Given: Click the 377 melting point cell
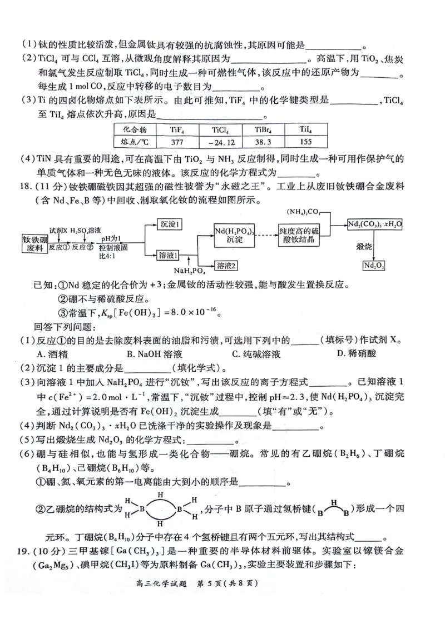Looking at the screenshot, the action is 178,141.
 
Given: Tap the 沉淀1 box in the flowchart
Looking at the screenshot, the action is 171,224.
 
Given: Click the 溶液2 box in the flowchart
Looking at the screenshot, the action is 228,266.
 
